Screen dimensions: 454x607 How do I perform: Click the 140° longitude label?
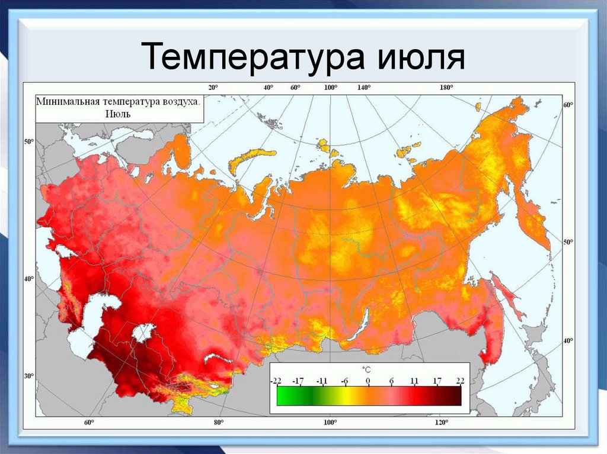pos(363,87)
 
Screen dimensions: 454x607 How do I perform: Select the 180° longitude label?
pos(446,87)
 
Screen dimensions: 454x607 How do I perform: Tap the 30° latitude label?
pos(28,376)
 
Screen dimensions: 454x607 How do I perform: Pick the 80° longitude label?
pos(218,423)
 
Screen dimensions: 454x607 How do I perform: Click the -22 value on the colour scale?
pos(276,381)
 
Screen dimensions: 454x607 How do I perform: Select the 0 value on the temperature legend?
pos(368,381)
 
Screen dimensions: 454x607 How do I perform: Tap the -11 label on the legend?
pos(322,381)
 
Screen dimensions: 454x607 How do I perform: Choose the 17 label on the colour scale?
pos(437,381)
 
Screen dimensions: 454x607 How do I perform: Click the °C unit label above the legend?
pos(366,369)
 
